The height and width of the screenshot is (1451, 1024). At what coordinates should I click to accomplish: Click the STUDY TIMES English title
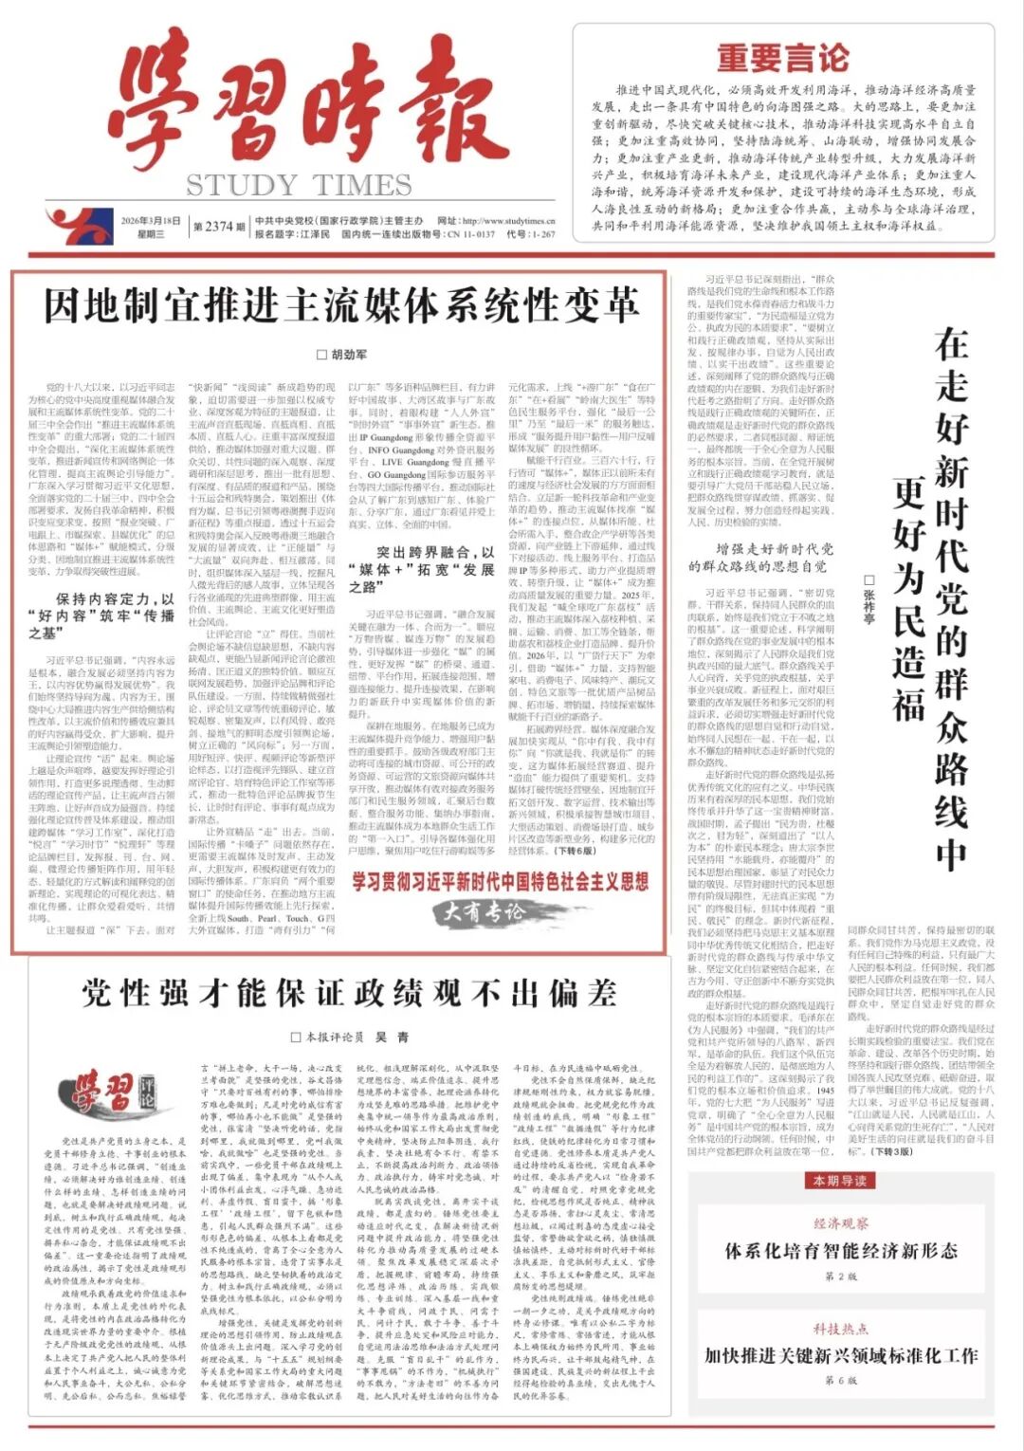(299, 184)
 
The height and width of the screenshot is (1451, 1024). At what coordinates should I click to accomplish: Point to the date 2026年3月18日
(150, 221)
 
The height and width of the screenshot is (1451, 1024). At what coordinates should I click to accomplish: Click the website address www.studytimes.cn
(509, 221)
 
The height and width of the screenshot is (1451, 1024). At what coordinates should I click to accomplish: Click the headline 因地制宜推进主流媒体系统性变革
(341, 306)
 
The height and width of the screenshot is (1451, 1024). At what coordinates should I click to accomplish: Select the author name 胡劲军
(342, 355)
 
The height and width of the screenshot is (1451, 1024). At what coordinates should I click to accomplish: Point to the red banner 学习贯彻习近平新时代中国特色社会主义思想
(500, 882)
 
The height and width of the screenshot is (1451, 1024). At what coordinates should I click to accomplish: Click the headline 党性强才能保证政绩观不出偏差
(349, 992)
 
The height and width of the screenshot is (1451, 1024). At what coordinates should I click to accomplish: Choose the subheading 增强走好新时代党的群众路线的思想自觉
(762, 557)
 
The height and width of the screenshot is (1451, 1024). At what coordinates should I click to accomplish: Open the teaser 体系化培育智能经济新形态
(841, 1250)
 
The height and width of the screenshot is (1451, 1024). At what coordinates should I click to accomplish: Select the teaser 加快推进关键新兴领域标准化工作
(841, 1355)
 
